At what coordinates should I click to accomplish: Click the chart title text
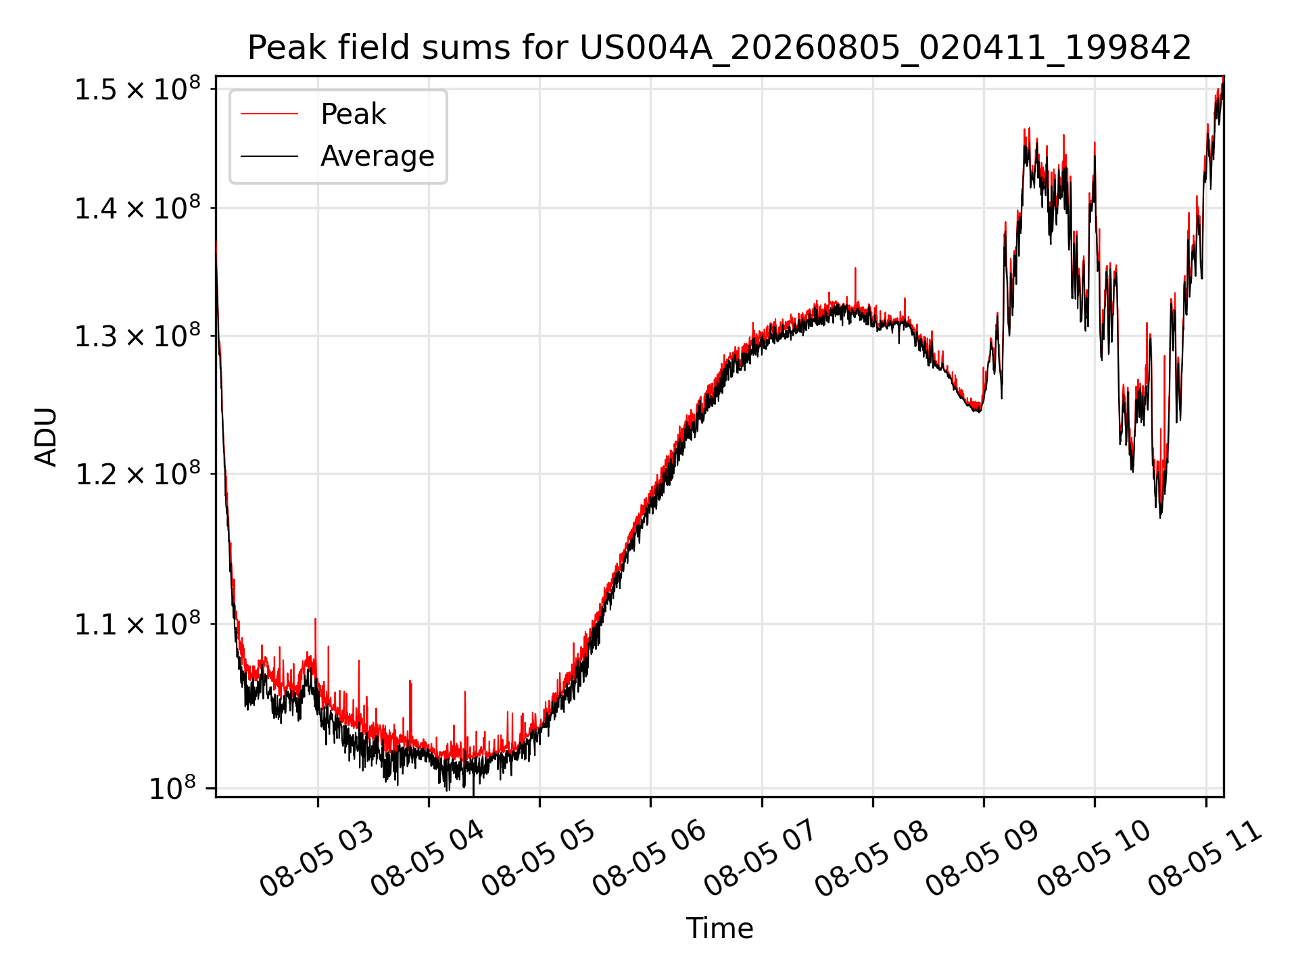[x=719, y=48]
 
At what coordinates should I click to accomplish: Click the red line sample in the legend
[x=269, y=114]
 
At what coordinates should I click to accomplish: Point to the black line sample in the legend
[x=269, y=156]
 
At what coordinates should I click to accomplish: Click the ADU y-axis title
[x=46, y=436]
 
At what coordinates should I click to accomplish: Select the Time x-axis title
[x=719, y=928]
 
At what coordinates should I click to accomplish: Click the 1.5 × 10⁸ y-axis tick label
[x=137, y=89]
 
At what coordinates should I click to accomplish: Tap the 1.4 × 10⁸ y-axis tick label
[x=137, y=208]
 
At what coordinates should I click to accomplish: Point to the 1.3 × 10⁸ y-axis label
[x=137, y=335]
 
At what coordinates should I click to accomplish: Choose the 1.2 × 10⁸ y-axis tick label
[x=137, y=473]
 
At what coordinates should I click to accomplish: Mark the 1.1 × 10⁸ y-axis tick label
[x=137, y=624]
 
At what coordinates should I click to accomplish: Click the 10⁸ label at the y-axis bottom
[x=172, y=788]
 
